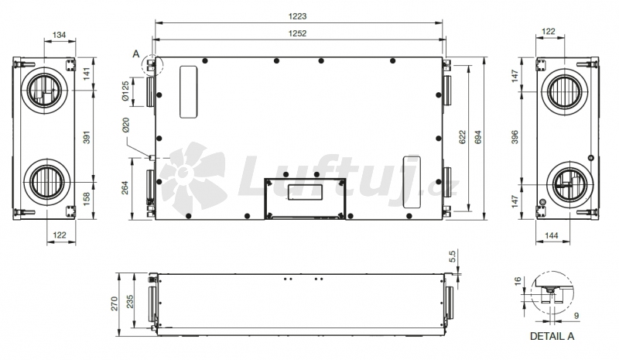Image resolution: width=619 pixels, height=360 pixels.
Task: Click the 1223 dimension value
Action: pos(297,16)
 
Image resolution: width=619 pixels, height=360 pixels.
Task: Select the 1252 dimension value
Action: pos(297,33)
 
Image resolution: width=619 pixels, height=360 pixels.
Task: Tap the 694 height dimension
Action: pos(478,137)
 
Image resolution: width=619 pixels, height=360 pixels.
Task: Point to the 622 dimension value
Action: pos(462,137)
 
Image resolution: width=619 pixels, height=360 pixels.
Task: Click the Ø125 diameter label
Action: pos(125,91)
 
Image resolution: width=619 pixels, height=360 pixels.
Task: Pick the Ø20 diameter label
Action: pos(125,125)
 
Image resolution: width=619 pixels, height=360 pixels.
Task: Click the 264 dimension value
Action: pos(125,187)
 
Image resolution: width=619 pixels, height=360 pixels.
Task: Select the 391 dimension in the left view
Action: pos(87,137)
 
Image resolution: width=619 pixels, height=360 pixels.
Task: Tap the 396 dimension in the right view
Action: pos(515,137)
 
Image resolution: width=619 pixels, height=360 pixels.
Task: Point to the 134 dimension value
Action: pos(59,35)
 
